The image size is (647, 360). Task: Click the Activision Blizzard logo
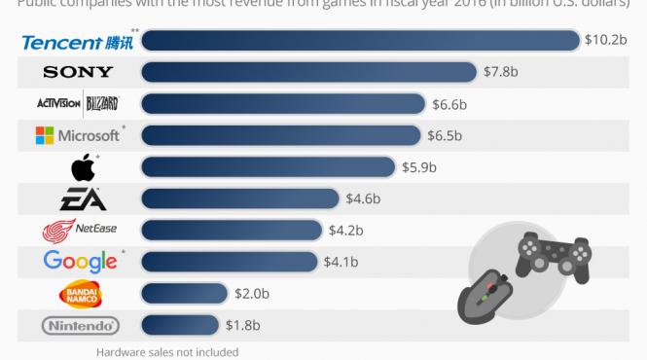(x=77, y=104)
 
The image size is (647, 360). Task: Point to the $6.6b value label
(x=450, y=104)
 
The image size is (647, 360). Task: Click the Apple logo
(x=83, y=168)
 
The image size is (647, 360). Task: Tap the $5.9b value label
(x=419, y=167)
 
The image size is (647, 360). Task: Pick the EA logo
(x=80, y=200)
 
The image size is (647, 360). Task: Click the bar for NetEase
(x=232, y=231)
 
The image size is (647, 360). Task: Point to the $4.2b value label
(x=346, y=231)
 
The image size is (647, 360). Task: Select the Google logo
(x=81, y=262)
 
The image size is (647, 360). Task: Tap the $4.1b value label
(x=341, y=262)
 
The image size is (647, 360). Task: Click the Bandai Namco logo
(x=81, y=294)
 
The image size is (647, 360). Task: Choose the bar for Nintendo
(x=181, y=326)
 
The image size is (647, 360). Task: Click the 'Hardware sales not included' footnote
(x=166, y=352)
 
